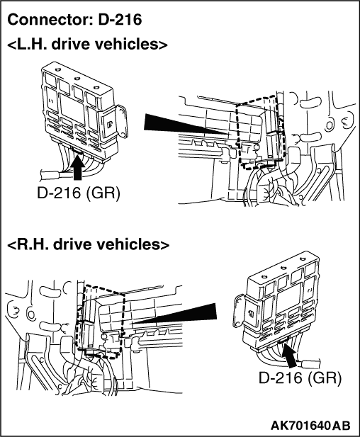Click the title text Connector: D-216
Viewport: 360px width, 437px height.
pos(74,20)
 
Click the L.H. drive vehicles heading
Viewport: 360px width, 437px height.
pos(87,45)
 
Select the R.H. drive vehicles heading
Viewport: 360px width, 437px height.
pos(88,244)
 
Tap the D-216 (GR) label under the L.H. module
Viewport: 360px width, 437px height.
pos(79,193)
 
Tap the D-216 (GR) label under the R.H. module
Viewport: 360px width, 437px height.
pos(300,378)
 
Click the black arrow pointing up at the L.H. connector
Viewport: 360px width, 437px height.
pos(78,166)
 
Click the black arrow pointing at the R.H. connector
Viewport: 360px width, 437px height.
pos(291,356)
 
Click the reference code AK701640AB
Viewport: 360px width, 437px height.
pos(310,426)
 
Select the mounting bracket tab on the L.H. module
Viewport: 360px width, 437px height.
pos(122,121)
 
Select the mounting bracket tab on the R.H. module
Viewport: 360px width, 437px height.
pos(240,311)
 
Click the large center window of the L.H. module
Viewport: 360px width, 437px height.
pos(72,108)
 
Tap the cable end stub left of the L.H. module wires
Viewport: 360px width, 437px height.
pos(50,176)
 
